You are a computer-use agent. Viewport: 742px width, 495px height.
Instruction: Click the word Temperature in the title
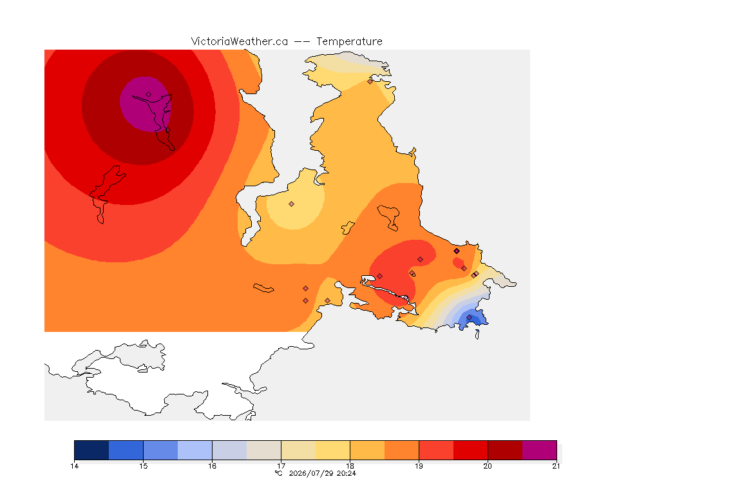click(349, 42)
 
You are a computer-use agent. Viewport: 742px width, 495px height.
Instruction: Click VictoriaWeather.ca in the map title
click(240, 42)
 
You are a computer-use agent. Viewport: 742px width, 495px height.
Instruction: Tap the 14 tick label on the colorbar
click(74, 466)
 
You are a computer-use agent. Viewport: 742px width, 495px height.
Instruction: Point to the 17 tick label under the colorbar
click(281, 466)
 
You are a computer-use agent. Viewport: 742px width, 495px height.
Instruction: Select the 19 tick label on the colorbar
click(419, 466)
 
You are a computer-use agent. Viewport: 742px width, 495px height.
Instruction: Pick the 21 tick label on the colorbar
click(556, 466)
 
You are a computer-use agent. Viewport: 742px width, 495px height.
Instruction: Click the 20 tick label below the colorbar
click(488, 466)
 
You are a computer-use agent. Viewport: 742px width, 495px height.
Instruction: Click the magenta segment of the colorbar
click(540, 450)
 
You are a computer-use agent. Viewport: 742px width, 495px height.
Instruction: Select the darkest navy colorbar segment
click(92, 450)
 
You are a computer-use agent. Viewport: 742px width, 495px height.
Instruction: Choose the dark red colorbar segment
click(505, 450)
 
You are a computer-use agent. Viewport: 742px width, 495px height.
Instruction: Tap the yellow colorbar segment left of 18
click(332, 450)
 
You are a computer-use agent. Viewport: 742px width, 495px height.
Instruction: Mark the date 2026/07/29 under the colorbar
click(311, 473)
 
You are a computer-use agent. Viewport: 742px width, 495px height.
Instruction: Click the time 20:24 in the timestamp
click(347, 473)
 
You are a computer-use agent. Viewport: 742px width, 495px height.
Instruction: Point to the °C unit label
click(279, 473)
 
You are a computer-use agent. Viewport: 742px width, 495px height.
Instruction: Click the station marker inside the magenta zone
click(149, 95)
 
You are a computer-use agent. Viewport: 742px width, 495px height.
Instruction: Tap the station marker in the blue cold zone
click(469, 317)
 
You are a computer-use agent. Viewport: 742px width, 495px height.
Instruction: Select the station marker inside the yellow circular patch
click(292, 204)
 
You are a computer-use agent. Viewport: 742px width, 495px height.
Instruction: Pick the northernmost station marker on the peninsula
click(370, 81)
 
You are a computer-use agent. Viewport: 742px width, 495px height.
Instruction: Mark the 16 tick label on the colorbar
click(212, 466)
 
